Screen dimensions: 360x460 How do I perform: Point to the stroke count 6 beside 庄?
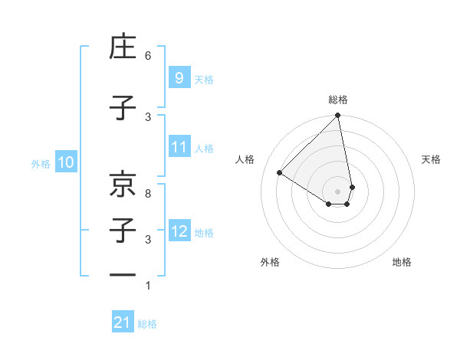[148, 56]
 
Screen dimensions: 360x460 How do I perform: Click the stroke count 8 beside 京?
[148, 195]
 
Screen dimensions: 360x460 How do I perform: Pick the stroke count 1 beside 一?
[148, 286]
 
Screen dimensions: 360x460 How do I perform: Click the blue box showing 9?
[179, 77]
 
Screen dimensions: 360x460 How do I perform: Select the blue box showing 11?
[179, 147]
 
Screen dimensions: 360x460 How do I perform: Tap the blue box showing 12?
[179, 231]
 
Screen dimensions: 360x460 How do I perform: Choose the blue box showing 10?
[66, 162]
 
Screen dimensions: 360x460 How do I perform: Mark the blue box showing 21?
[123, 322]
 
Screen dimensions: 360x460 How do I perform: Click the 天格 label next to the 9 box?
[204, 79]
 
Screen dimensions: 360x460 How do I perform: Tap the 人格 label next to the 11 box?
[204, 149]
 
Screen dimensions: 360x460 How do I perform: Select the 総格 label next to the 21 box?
[147, 324]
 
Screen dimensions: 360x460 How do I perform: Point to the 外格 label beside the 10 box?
[41, 163]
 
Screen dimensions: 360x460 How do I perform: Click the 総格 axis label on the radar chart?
[338, 100]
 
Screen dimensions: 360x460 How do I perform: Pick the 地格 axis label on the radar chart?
[402, 262]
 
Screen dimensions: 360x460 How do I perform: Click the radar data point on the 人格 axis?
[280, 173]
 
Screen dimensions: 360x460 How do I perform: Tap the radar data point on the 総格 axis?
[338, 116]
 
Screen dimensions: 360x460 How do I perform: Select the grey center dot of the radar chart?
[338, 191]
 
